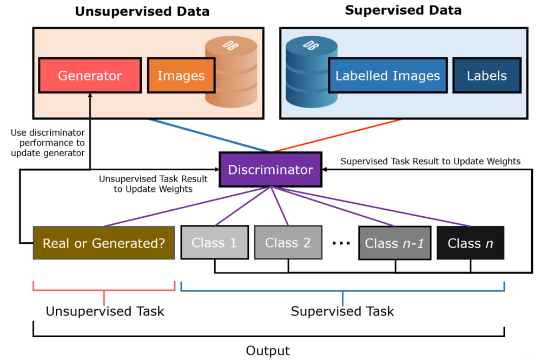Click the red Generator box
[90, 76]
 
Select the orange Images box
[181, 76]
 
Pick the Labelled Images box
[387, 76]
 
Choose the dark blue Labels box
[486, 76]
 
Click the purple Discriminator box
[270, 170]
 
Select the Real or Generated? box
[104, 243]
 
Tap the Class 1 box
[214, 243]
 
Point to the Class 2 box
[288, 243]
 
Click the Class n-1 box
[394, 243]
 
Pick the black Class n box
[470, 243]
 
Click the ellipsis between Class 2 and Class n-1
[341, 243]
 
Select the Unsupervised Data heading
[142, 11]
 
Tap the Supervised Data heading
[403, 10]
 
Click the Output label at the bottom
[268, 351]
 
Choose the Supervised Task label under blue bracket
[342, 311]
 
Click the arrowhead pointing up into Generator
[90, 96]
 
